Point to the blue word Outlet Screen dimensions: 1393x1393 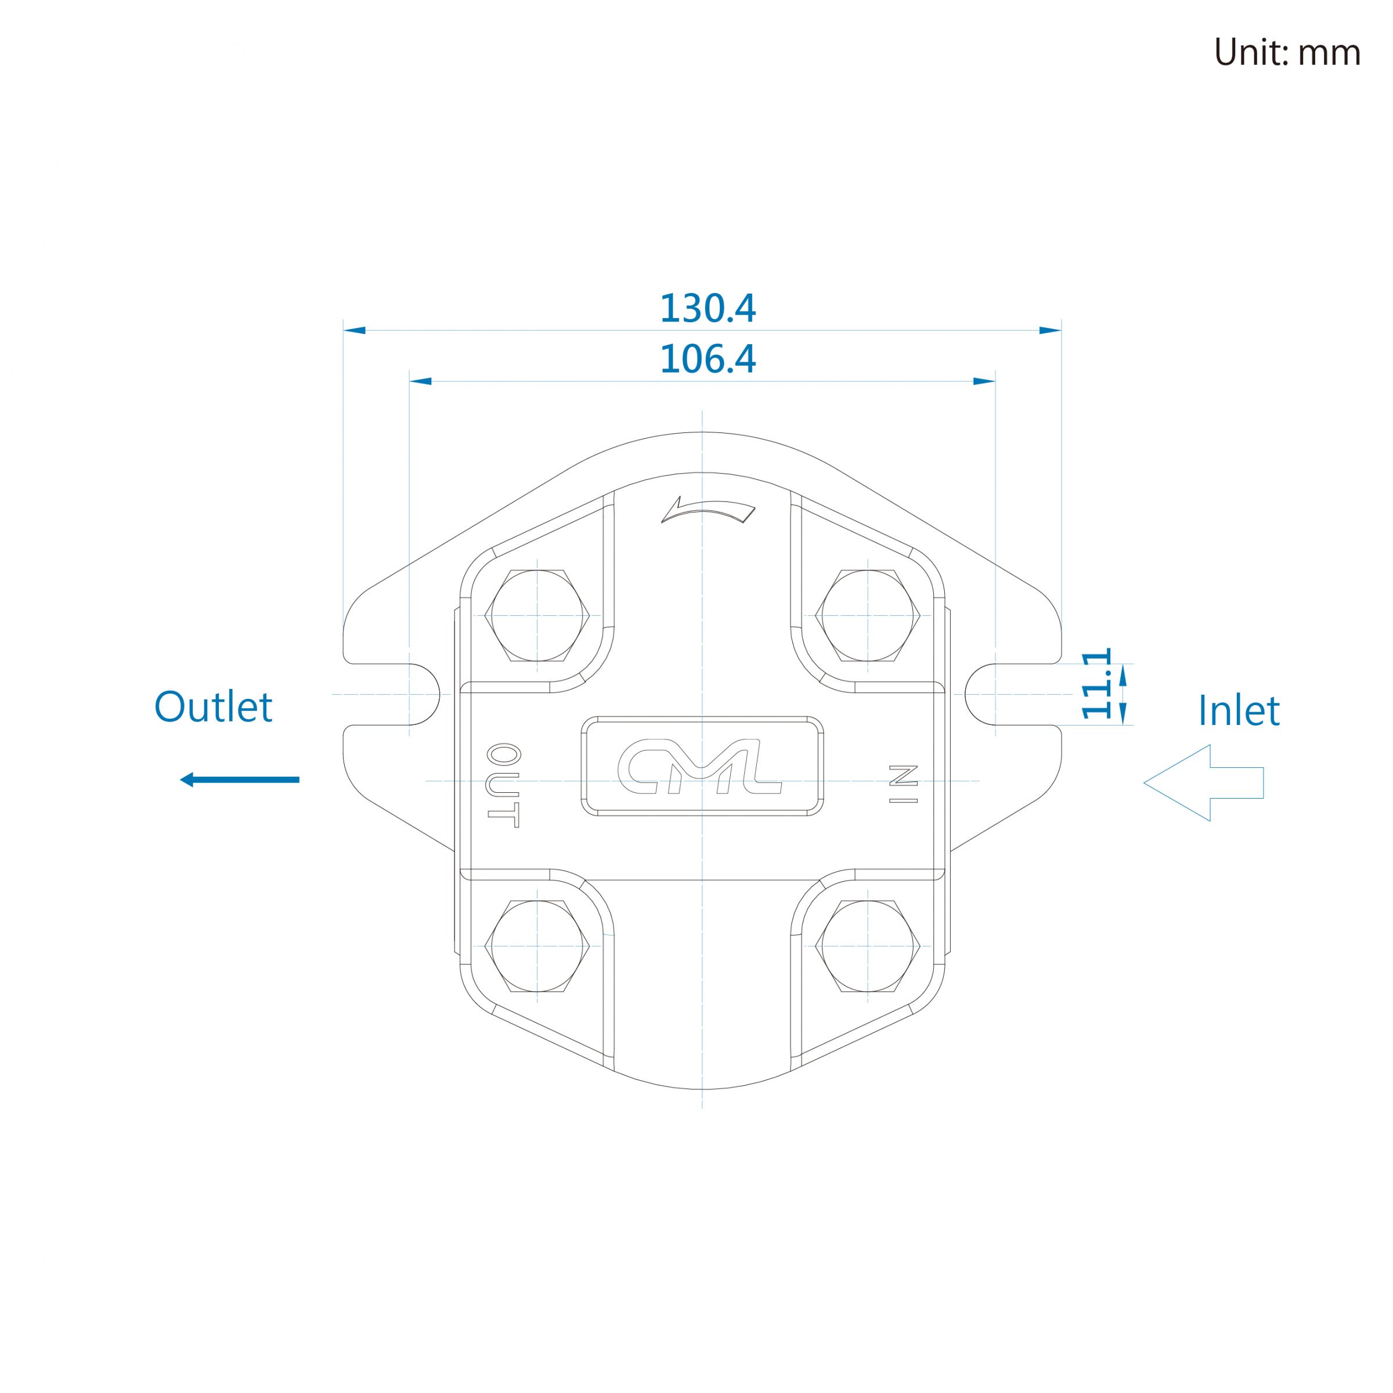(214, 706)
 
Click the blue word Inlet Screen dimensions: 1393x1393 (1239, 711)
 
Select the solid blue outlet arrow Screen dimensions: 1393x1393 (239, 779)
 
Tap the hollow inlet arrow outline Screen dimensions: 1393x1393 (1203, 782)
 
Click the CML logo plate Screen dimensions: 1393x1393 (702, 766)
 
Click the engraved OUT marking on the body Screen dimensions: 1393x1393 (503, 786)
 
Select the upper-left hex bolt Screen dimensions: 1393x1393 (537, 616)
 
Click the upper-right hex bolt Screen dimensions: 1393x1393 (867, 616)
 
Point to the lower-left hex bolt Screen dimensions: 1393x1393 (537, 946)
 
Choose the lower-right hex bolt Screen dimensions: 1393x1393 (867, 946)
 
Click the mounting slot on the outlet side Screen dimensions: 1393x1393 (393, 694)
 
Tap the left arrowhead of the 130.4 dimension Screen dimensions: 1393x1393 (355, 330)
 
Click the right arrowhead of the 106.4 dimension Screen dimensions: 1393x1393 (984, 381)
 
